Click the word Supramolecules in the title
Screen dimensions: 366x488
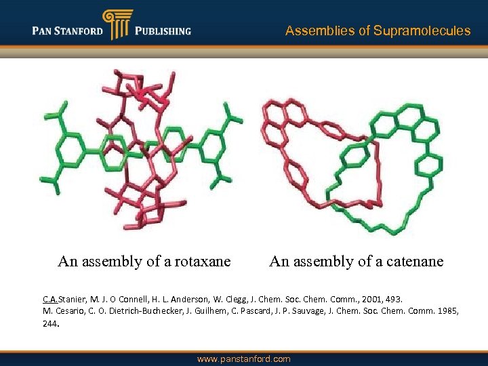tap(422, 30)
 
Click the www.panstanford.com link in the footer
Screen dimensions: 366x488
tap(244, 359)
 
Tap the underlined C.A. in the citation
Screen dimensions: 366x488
tap(51, 299)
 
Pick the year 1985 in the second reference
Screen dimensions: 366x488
tap(446, 311)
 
